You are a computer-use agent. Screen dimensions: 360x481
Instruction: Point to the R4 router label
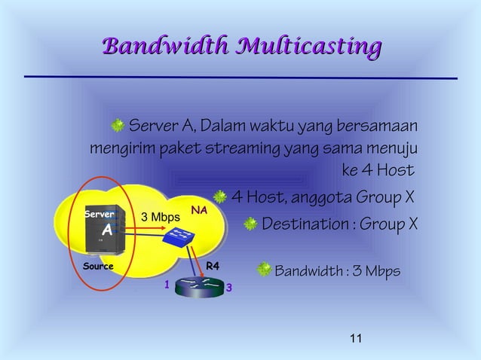point(213,265)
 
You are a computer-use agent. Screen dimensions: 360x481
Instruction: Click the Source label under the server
point(98,266)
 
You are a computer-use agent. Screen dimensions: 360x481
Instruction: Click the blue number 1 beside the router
point(159,285)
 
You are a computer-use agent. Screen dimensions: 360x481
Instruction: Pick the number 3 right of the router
point(229,288)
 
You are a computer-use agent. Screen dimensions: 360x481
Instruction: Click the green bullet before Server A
point(118,124)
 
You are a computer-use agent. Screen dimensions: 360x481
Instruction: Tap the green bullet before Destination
point(250,224)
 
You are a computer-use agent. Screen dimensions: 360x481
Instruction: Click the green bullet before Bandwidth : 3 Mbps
point(264,269)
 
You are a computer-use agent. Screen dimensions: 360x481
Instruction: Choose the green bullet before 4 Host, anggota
point(219,197)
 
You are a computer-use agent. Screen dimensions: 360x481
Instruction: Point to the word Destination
point(308,224)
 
